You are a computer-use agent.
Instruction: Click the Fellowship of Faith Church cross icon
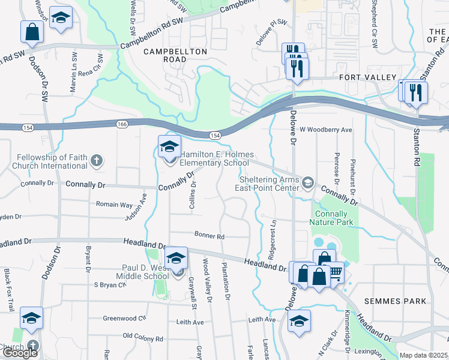click(x=96, y=161)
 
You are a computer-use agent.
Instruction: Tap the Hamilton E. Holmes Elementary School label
click(x=214, y=158)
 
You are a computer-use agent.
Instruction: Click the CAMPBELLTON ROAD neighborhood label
click(x=175, y=52)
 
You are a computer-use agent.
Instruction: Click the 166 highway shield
click(x=122, y=124)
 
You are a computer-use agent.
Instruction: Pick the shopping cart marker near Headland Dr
click(x=334, y=272)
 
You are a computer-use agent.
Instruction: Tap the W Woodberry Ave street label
click(x=325, y=130)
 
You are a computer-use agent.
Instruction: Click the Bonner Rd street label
click(x=209, y=235)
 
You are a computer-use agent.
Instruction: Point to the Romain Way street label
click(x=114, y=205)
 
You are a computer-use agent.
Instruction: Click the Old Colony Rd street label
click(x=143, y=338)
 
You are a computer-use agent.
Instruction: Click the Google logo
click(x=20, y=352)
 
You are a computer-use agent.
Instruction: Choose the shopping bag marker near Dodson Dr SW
click(x=32, y=32)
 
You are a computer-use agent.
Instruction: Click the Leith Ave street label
click(x=190, y=322)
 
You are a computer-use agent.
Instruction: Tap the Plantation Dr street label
click(x=226, y=281)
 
